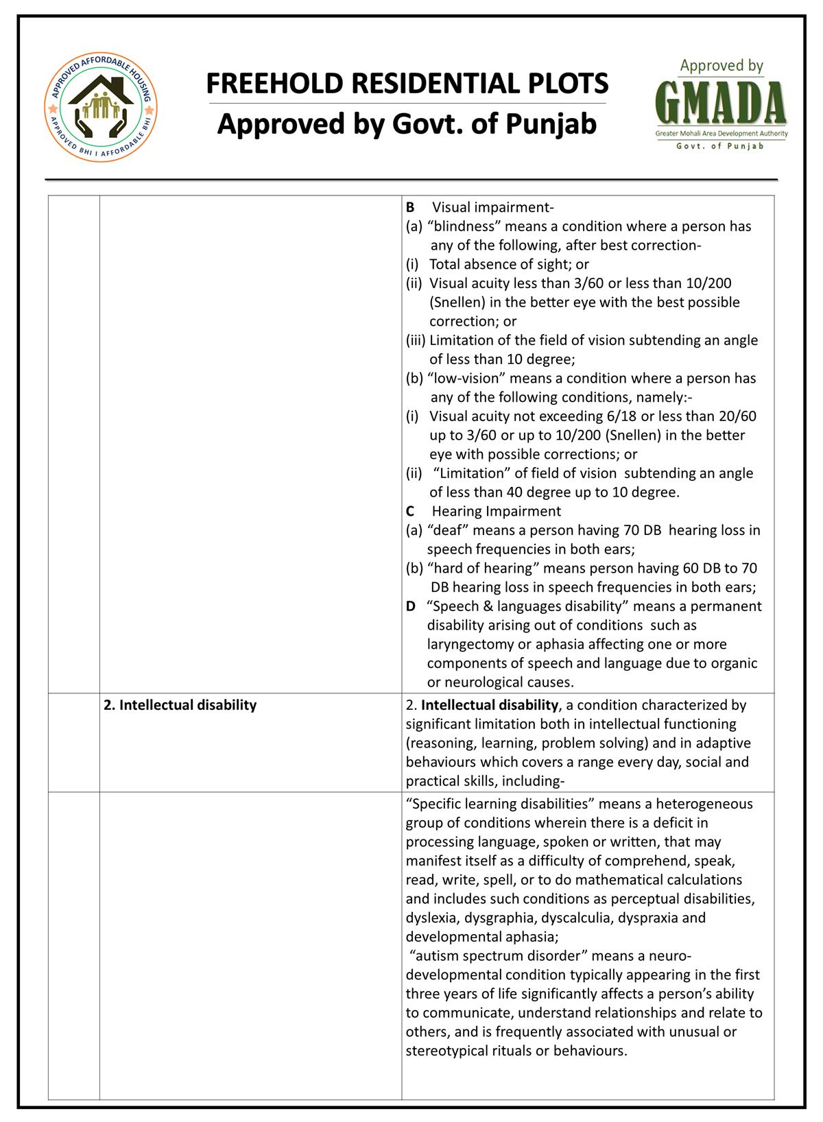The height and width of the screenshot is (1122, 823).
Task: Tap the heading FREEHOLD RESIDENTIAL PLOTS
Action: pyautogui.click(x=407, y=84)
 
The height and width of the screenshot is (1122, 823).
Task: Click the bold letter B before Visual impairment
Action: pyautogui.click(x=410, y=207)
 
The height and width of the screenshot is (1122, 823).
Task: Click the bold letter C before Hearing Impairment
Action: pyautogui.click(x=410, y=511)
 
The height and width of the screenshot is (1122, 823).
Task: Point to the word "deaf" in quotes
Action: pyautogui.click(x=447, y=530)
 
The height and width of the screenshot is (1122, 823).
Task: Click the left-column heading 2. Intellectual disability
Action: pyautogui.click(x=180, y=705)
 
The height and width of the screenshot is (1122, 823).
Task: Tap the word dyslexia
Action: pyautogui.click(x=432, y=918)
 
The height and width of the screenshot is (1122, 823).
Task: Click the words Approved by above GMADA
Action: pyautogui.click(x=721, y=67)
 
